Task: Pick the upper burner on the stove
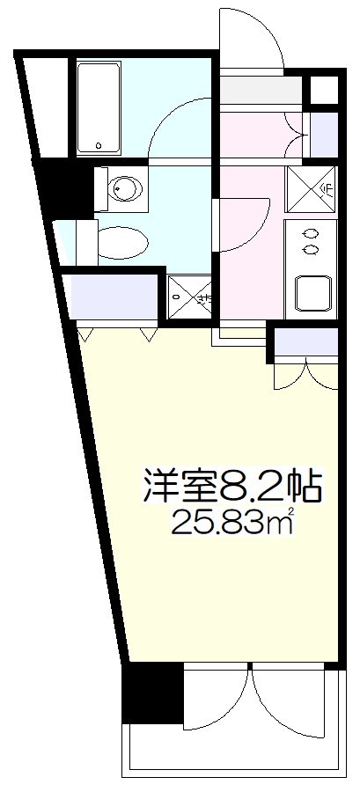pyautogui.click(x=310, y=233)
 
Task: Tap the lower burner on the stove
pyautogui.click(x=310, y=249)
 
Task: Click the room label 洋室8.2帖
pyautogui.click(x=231, y=484)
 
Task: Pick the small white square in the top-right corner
pyautogui.click(x=325, y=90)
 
